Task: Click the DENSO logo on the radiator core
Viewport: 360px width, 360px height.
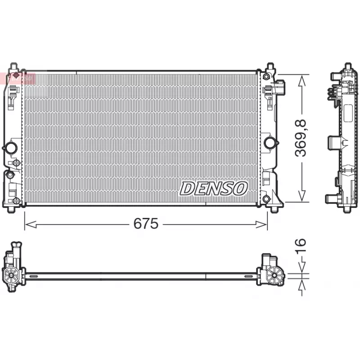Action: click(x=214, y=188)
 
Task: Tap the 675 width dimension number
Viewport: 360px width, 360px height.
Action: click(x=146, y=224)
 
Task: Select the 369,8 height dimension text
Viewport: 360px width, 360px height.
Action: click(x=301, y=138)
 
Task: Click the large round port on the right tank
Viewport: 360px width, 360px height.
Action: click(x=270, y=143)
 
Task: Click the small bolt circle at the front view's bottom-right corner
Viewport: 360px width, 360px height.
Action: click(x=266, y=199)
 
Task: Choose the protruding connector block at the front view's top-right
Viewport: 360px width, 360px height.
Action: click(x=279, y=86)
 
